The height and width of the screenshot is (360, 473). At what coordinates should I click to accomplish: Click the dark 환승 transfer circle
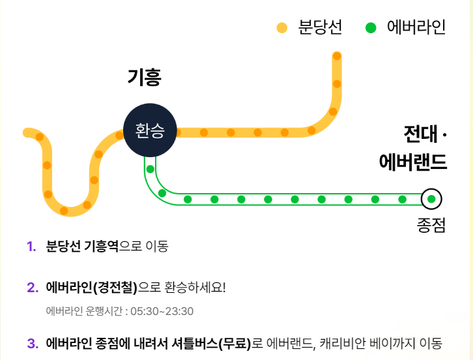pos(150,130)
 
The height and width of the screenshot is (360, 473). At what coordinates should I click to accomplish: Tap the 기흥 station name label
pos(144,78)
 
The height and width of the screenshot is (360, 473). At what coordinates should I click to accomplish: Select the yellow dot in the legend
pos(282,27)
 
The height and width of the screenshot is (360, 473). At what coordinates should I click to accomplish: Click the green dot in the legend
pos(371,27)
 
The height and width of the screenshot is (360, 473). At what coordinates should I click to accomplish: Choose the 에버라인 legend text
pos(416,27)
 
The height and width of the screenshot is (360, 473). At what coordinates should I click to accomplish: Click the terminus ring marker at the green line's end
pos(431,199)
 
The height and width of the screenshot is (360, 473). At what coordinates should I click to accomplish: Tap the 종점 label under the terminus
pos(431,224)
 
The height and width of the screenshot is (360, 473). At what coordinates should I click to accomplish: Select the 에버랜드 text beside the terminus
pos(413,162)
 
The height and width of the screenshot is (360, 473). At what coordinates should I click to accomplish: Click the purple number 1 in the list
pos(31,247)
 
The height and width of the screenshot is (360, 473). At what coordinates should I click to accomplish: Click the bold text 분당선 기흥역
pos(82,247)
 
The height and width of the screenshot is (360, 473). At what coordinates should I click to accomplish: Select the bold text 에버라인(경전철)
pos(92,288)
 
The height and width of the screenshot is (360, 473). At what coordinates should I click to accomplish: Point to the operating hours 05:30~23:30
pos(162,311)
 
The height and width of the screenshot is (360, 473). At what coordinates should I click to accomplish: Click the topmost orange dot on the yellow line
pos(336,55)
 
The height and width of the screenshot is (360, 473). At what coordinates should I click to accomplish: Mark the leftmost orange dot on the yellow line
pos(40,137)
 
